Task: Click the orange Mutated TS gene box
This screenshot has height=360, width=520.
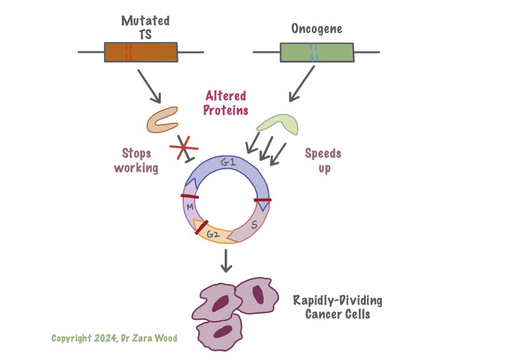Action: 152,51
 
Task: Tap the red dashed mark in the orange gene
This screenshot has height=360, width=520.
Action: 128,51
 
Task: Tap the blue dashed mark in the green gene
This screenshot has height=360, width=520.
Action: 314,51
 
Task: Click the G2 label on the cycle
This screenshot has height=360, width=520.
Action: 213,235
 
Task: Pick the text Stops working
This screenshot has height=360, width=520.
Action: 136,161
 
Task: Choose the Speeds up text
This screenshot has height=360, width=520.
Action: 323,161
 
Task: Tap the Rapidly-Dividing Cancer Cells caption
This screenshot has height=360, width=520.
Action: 337,307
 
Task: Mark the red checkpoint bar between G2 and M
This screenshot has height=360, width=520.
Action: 201,227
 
